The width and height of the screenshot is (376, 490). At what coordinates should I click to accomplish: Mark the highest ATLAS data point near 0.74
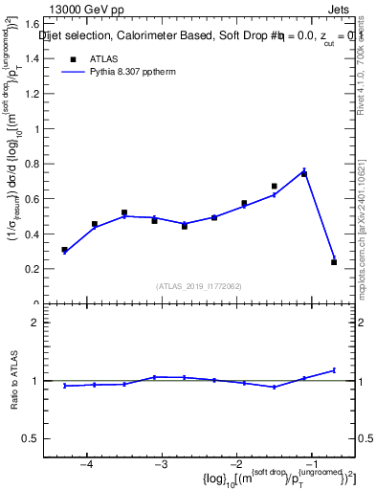coord(304,174)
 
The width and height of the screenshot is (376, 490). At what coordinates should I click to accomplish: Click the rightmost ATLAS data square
coord(334,262)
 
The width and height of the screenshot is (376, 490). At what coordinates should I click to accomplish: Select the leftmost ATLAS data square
coord(64,250)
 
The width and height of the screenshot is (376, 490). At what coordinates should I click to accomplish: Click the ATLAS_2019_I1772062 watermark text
coord(199,286)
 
